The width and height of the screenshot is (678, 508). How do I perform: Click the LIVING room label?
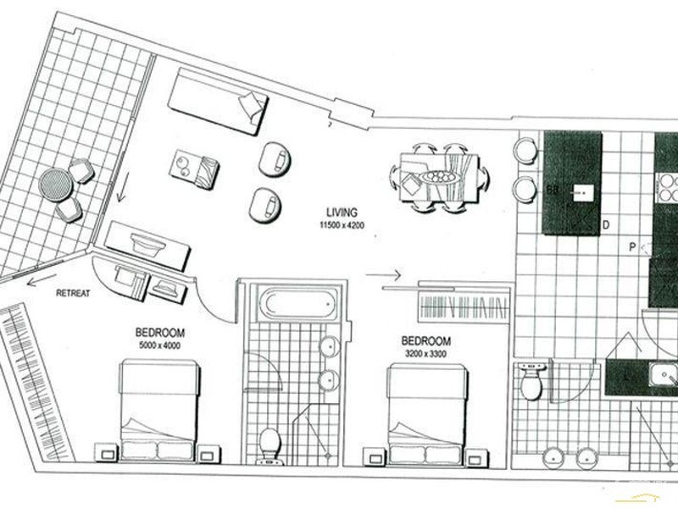pos(342,212)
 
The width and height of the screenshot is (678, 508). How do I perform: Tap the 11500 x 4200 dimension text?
pos(342,226)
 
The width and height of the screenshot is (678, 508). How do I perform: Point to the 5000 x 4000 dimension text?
pos(158,345)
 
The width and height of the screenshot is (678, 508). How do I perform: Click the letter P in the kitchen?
pos(632,247)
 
